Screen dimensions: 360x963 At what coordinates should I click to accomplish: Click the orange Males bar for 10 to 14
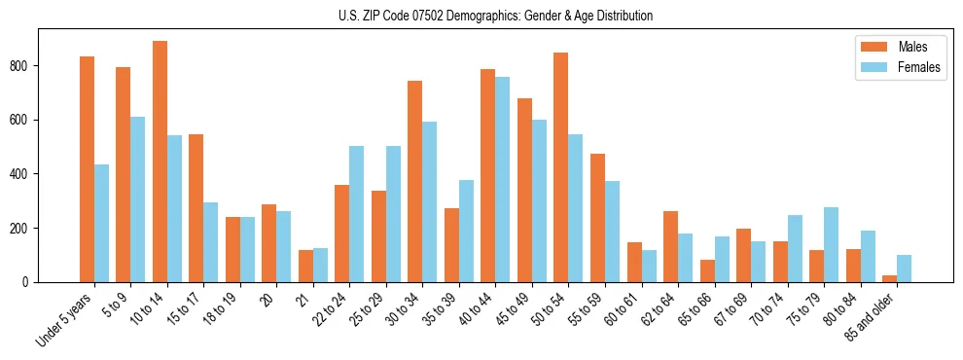coord(160,162)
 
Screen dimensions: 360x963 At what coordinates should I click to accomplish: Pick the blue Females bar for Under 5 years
coord(101,223)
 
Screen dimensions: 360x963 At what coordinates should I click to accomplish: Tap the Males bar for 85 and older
coord(889,278)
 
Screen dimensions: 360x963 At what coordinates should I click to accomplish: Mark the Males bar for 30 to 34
coord(415,181)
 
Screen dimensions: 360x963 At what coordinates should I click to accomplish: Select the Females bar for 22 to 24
coord(357,214)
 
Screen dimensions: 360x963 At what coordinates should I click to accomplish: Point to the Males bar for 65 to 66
coord(707,270)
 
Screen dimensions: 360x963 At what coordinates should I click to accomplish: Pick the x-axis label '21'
coord(303,295)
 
